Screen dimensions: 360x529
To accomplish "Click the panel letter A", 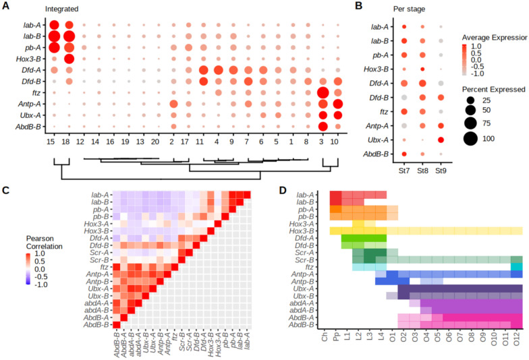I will click(x=6, y=5).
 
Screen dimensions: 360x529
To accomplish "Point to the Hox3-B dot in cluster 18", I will click(x=69, y=59).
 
